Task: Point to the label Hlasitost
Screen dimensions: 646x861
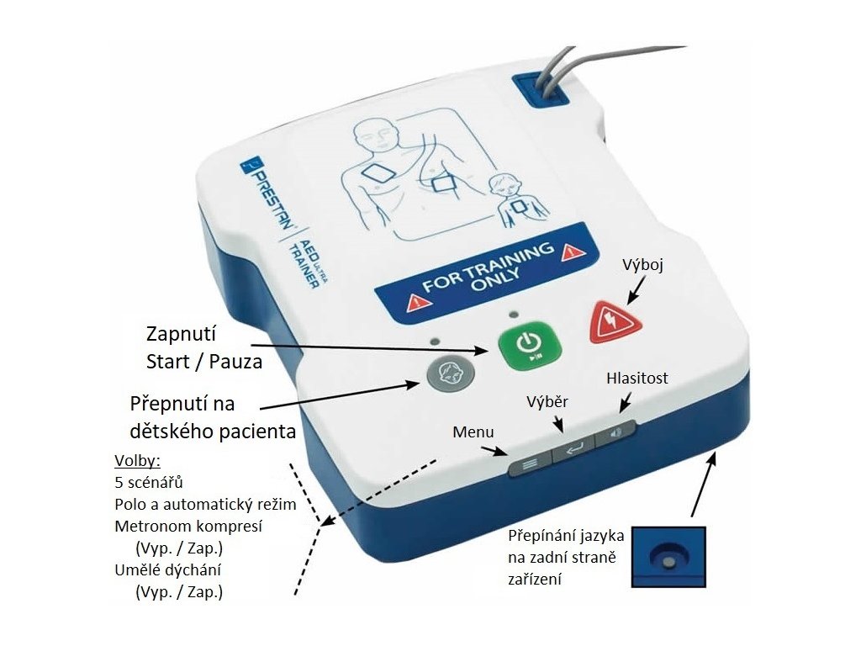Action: click(637, 379)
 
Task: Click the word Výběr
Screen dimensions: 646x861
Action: click(547, 401)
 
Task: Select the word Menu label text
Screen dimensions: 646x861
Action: click(473, 432)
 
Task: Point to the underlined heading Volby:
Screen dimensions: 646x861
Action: click(136, 462)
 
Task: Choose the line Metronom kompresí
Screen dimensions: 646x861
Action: click(188, 527)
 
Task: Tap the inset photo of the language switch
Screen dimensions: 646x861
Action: click(668, 556)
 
